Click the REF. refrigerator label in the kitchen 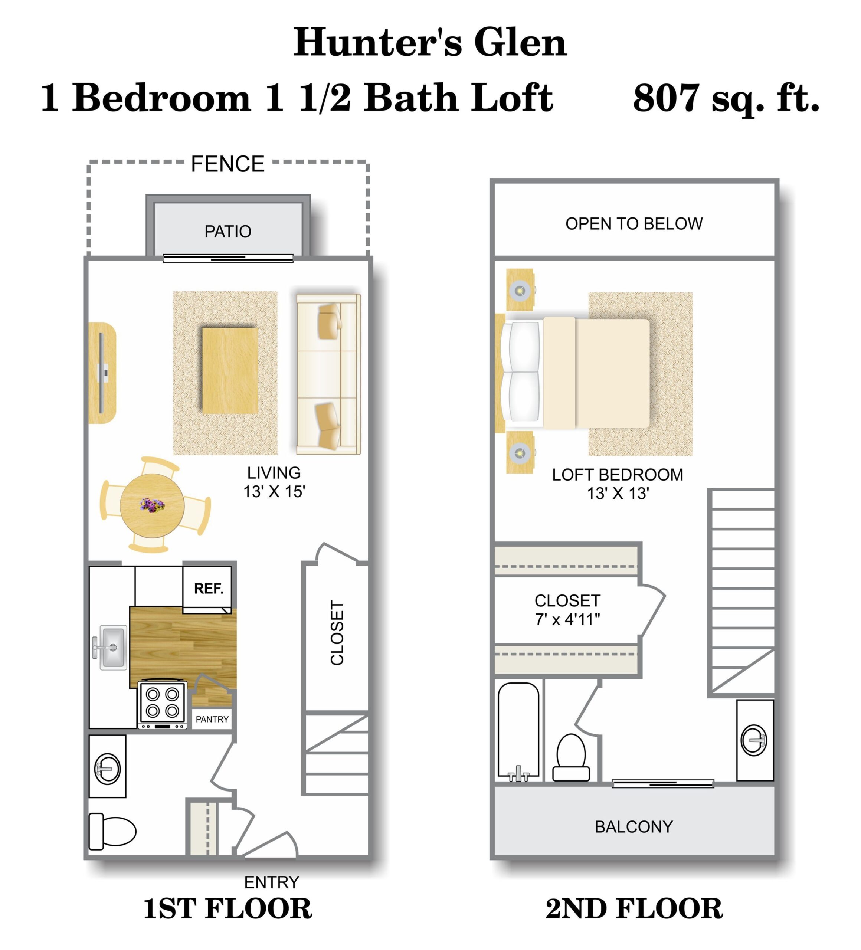208,589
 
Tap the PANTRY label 212,719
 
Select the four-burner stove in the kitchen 162,703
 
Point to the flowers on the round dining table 152,505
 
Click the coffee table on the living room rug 230,370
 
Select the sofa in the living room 328,374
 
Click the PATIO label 227,231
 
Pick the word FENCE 227,164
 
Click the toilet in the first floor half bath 113,831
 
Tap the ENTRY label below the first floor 271,882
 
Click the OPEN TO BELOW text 634,223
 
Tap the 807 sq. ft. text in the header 726,98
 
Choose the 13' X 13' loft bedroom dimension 618,494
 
